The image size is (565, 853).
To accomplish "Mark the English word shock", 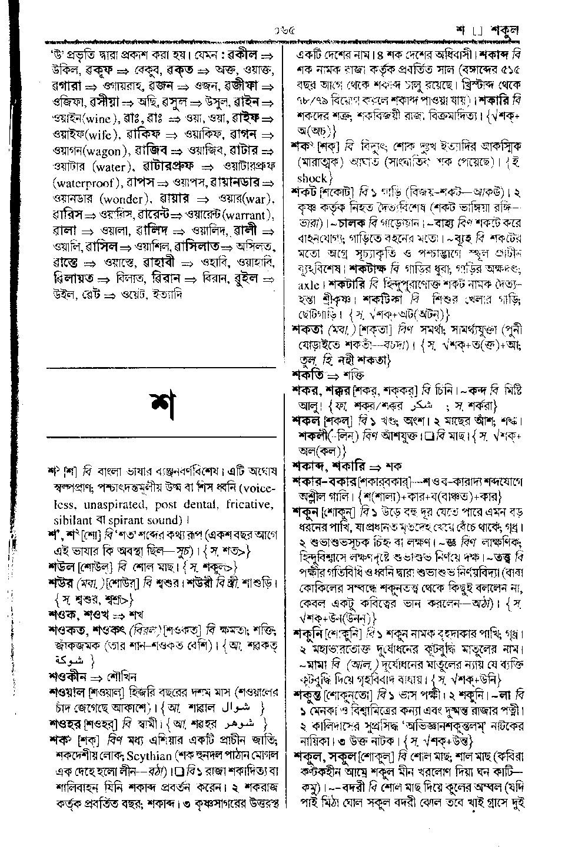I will pos(312,178).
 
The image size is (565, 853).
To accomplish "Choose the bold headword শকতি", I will pos(307,374).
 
